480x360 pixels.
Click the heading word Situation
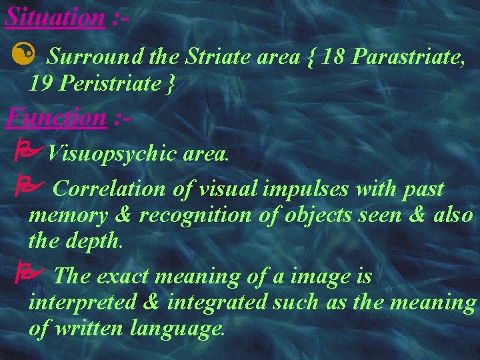(54, 16)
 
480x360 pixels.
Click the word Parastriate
(407, 59)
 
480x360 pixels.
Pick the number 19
(40, 84)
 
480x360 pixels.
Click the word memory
(67, 216)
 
